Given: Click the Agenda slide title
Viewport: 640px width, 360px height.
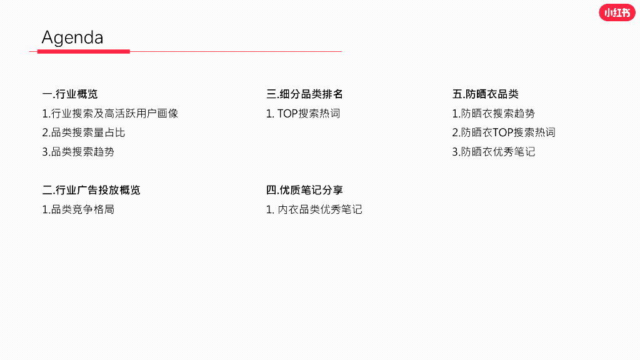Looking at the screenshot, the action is click(x=72, y=37).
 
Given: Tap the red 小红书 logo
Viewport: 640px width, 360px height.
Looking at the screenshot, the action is click(x=616, y=12).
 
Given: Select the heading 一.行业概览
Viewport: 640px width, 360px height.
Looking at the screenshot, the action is click(x=70, y=94).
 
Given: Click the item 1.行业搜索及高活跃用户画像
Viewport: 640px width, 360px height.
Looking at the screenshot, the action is click(x=110, y=114).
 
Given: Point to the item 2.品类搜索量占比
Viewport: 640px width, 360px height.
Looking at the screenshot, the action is click(x=84, y=132).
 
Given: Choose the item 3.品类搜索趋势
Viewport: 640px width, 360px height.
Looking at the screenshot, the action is click(x=78, y=152).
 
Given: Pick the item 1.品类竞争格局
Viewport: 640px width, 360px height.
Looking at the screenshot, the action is click(x=78, y=209).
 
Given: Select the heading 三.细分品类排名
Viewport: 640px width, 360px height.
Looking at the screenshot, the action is click(x=304, y=94).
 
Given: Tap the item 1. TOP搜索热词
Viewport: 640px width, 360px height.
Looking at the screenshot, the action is click(x=303, y=114).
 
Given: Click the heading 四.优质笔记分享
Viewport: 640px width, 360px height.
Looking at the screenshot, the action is click(x=304, y=190).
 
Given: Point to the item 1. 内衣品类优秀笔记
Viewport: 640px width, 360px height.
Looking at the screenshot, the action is click(x=314, y=209).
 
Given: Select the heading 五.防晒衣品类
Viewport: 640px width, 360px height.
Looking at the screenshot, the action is click(x=486, y=94).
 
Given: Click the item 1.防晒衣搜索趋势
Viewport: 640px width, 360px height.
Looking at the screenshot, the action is click(x=494, y=114).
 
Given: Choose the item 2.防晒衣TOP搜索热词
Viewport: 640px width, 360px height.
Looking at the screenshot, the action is click(x=504, y=132).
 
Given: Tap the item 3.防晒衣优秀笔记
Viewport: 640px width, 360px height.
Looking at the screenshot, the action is click(x=494, y=152).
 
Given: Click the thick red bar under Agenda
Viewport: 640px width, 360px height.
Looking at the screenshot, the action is click(x=83, y=51).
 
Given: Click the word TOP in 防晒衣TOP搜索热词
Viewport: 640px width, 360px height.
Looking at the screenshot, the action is click(x=502, y=132).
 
